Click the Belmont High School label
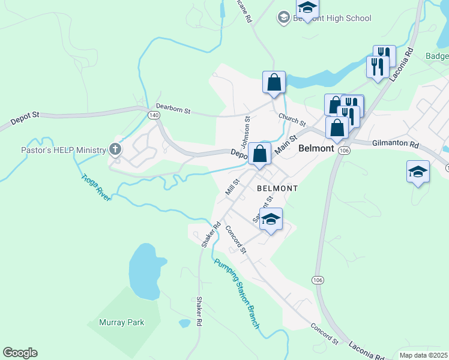click(x=332, y=18)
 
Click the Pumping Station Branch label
click(x=237, y=292)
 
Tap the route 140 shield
click(x=154, y=114)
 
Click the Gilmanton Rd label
click(x=395, y=145)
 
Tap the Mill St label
click(x=232, y=185)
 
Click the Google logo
click(x=20, y=353)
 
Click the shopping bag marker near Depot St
click(x=259, y=154)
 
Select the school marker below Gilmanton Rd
click(x=418, y=172)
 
